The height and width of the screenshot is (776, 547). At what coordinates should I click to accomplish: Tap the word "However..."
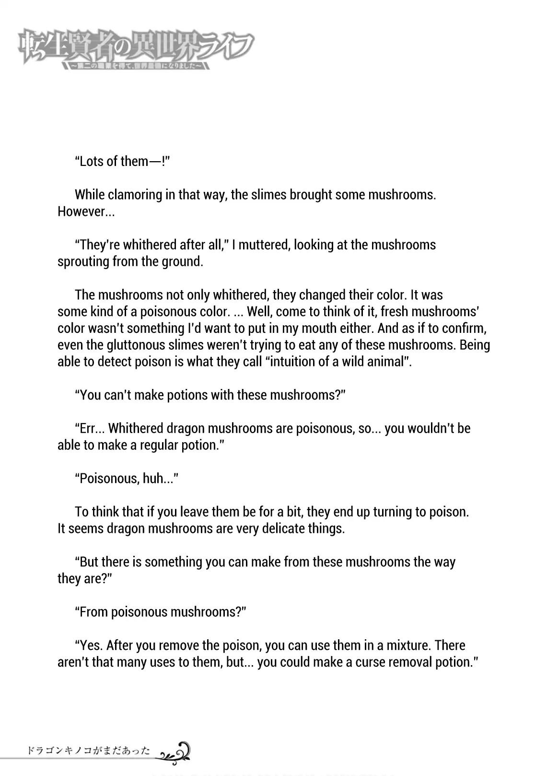tap(86, 212)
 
